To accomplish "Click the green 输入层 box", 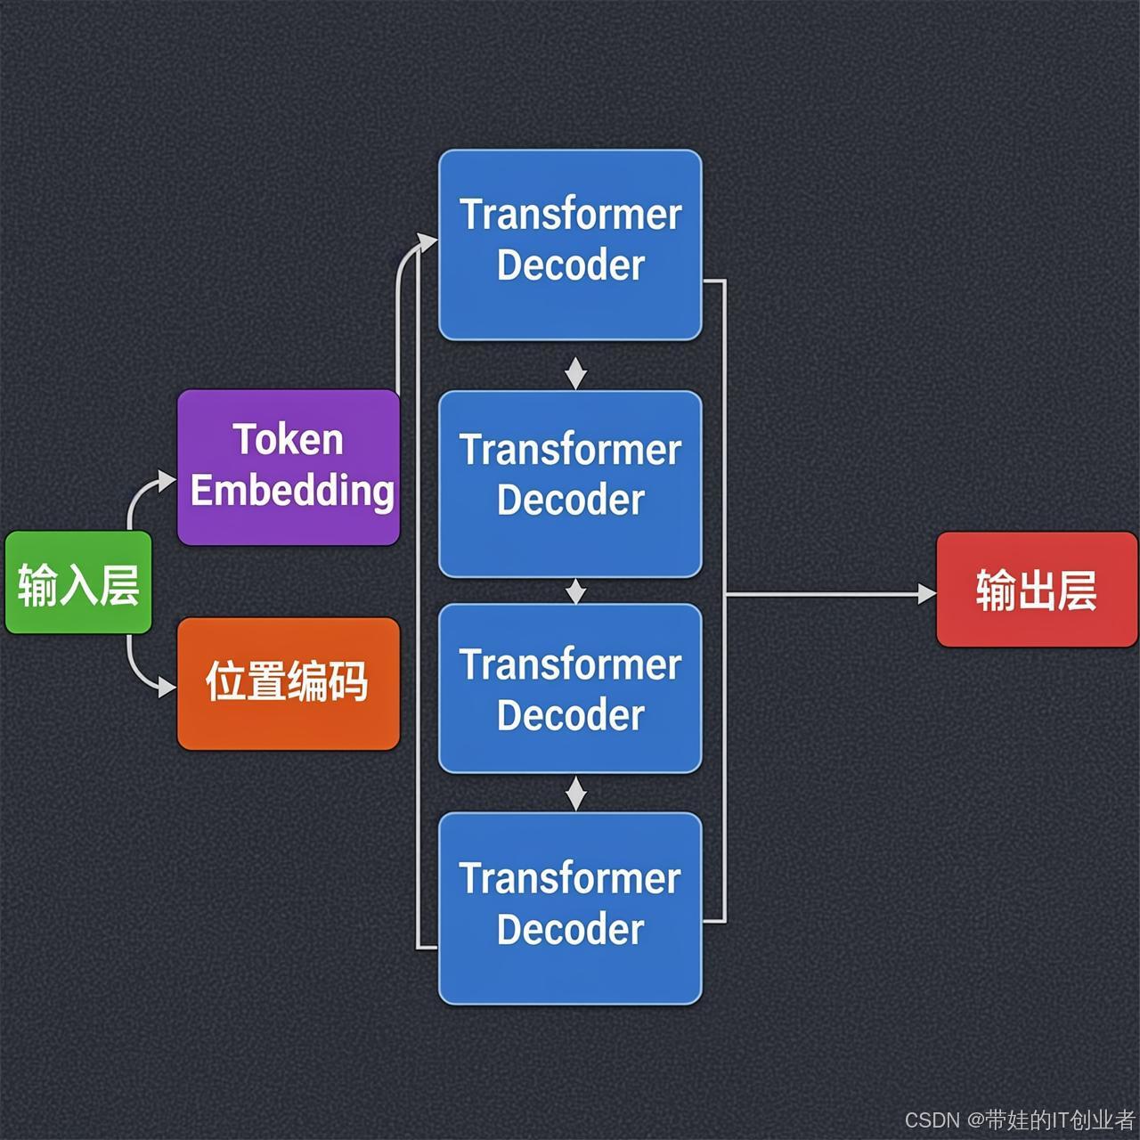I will pos(78,582).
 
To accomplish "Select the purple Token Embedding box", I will pos(289,467).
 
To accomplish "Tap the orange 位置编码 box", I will pos(289,683).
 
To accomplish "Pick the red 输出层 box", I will pos(1037,590).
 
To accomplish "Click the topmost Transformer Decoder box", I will pos(570,244).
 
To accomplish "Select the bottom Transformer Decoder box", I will pos(570,908).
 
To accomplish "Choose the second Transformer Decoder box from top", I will pos(570,484).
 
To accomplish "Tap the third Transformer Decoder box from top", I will pos(570,688).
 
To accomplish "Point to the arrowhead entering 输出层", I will pos(927,593).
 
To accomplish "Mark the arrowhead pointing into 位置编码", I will pos(167,687).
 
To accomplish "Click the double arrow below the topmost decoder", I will pos(575,373).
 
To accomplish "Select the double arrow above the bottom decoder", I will pos(575,793).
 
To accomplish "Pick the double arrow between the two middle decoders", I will pos(575,590).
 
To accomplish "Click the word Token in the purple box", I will pos(288,440).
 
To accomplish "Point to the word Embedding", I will pos(292,491).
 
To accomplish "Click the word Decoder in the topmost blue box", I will pos(570,265).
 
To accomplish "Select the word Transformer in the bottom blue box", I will pos(570,879).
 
